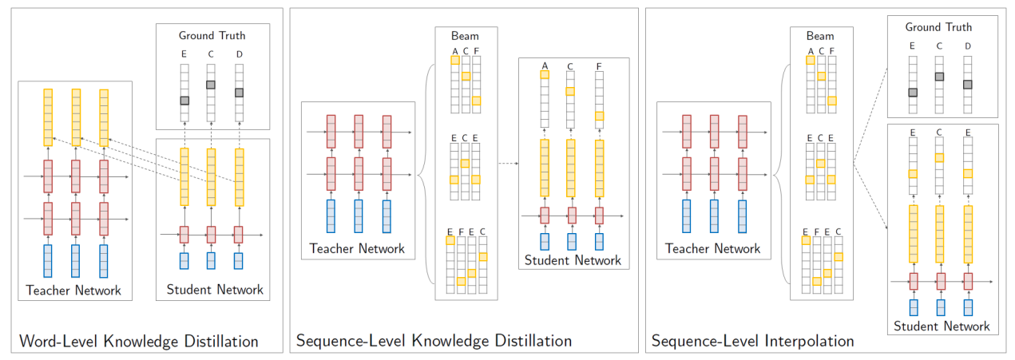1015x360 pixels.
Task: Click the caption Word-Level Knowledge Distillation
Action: pos(139,342)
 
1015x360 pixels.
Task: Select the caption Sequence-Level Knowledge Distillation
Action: pos(434,342)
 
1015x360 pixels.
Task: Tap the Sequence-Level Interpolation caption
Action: pos(752,342)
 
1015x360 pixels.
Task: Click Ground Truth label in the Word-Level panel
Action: pos(212,35)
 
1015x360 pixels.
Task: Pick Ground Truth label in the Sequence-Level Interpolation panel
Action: pos(938,27)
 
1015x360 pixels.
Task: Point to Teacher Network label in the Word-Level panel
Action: pos(73,290)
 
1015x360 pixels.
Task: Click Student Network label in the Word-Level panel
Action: pos(214,290)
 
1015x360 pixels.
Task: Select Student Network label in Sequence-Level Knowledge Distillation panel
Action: pos(573,259)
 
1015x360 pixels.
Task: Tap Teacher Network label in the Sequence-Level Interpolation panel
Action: pos(712,248)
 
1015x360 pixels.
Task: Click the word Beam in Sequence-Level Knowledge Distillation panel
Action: pos(465,36)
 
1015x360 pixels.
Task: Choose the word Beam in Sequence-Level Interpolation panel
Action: pos(819,36)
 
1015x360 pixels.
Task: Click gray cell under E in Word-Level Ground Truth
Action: pos(184,101)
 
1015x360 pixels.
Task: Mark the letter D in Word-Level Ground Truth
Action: pos(239,54)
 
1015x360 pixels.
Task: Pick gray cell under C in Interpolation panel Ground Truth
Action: pos(940,77)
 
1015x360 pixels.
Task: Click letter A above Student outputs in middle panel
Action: pos(545,65)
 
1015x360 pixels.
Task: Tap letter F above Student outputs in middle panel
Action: pos(599,65)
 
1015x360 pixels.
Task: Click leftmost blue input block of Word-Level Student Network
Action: pos(184,261)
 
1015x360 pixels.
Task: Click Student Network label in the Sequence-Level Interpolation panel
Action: pos(942,326)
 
